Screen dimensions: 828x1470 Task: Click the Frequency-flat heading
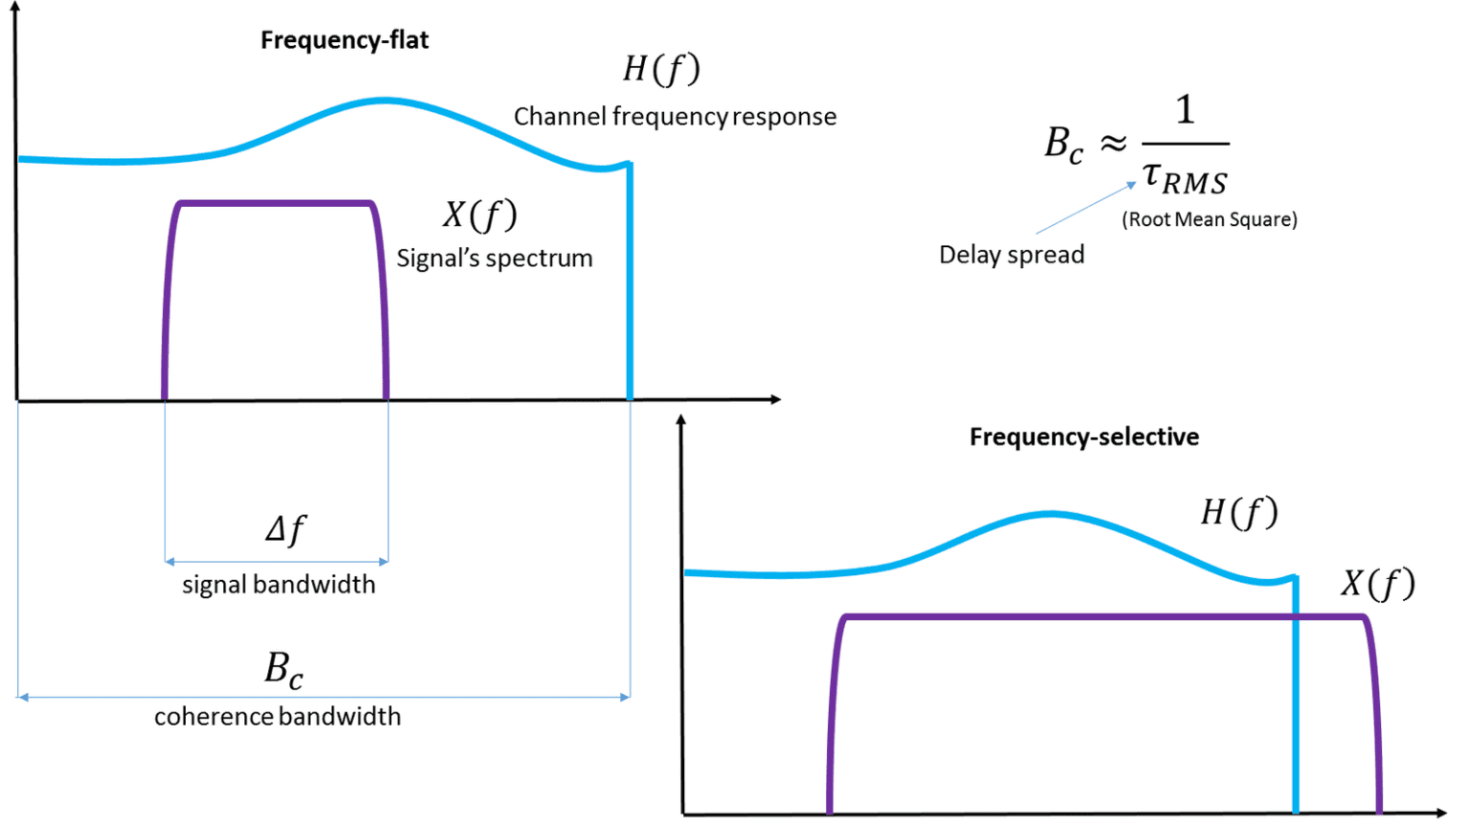(x=345, y=40)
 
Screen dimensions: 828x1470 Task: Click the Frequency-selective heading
(x=1083, y=437)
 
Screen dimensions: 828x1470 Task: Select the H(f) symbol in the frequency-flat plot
(x=661, y=69)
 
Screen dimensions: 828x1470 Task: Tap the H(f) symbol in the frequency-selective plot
(x=1239, y=513)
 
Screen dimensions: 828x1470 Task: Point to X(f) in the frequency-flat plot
(x=479, y=214)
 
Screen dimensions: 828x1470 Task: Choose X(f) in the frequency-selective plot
(x=1377, y=583)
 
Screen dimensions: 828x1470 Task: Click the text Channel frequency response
(x=675, y=117)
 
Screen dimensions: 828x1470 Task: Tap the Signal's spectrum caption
(x=495, y=258)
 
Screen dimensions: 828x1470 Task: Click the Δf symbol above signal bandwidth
(x=285, y=529)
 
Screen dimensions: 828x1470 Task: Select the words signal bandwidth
(x=278, y=585)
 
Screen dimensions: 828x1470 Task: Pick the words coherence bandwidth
(x=278, y=717)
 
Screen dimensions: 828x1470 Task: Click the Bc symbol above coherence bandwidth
(x=283, y=669)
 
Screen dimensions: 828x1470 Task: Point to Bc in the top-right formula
(x=1063, y=145)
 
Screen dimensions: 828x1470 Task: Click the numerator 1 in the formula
(x=1185, y=110)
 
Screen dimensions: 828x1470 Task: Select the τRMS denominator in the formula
(x=1185, y=178)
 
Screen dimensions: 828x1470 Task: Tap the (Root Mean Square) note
(x=1210, y=219)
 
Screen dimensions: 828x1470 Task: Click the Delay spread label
(x=1012, y=255)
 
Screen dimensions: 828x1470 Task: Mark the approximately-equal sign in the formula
(x=1112, y=145)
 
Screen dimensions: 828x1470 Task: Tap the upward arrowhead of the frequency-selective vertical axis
(x=680, y=420)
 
